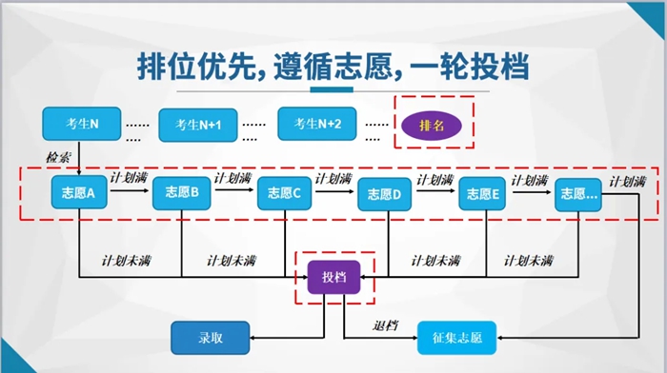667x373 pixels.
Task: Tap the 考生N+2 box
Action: [316, 123]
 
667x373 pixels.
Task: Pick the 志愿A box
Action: [79, 194]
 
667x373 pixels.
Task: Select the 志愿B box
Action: [181, 194]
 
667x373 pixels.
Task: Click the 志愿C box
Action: [285, 194]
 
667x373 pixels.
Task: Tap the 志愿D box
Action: [385, 196]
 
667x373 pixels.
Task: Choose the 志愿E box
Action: [483, 194]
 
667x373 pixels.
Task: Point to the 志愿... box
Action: [579, 194]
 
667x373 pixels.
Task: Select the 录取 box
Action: [211, 336]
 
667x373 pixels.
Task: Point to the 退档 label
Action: [386, 326]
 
